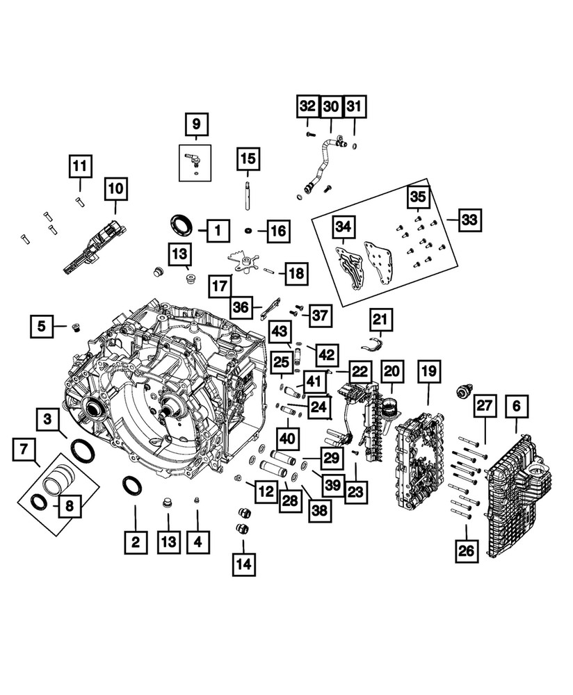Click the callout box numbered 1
[x=218, y=229]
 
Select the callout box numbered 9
[x=196, y=124]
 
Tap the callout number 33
[x=470, y=220]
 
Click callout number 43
[x=280, y=333]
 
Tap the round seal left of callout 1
[x=183, y=224]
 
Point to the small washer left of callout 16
[x=248, y=230]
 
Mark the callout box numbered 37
[x=320, y=315]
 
